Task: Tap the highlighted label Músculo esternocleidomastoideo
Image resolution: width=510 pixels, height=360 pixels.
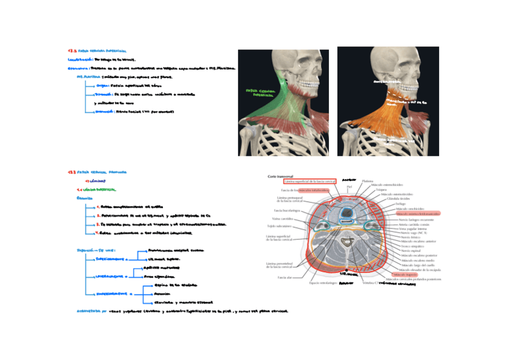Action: point(414,214)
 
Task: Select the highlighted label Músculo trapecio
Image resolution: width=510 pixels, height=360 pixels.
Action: point(407,274)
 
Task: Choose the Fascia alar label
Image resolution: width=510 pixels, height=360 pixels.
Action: point(285,278)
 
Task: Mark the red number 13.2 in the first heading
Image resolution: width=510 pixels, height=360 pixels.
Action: point(72,52)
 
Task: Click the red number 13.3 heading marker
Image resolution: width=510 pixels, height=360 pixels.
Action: point(72,172)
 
